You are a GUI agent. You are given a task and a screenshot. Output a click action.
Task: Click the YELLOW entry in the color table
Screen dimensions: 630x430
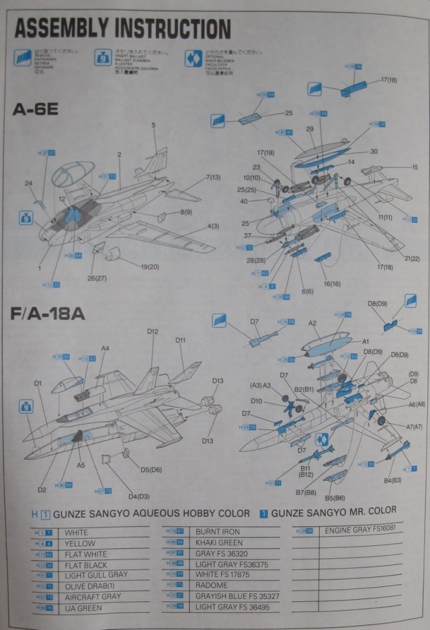[80, 543]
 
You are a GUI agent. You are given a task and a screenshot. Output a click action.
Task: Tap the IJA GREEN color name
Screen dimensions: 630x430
[84, 609]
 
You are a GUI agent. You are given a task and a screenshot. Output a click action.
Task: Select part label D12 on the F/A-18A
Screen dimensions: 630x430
[153, 332]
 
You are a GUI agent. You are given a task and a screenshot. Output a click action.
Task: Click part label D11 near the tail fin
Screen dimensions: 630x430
[180, 341]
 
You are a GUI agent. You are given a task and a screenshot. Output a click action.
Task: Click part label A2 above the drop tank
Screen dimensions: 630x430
[312, 323]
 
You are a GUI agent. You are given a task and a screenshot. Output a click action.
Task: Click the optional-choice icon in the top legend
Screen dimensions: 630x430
[193, 58]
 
